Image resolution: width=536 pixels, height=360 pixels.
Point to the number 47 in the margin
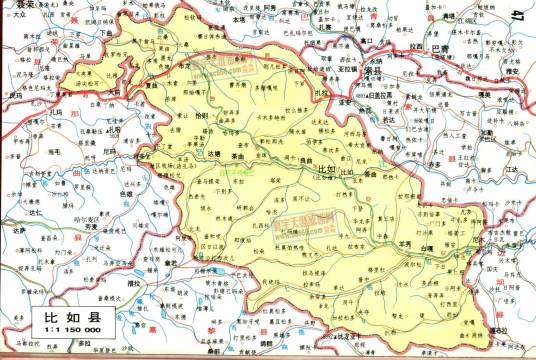515,17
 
